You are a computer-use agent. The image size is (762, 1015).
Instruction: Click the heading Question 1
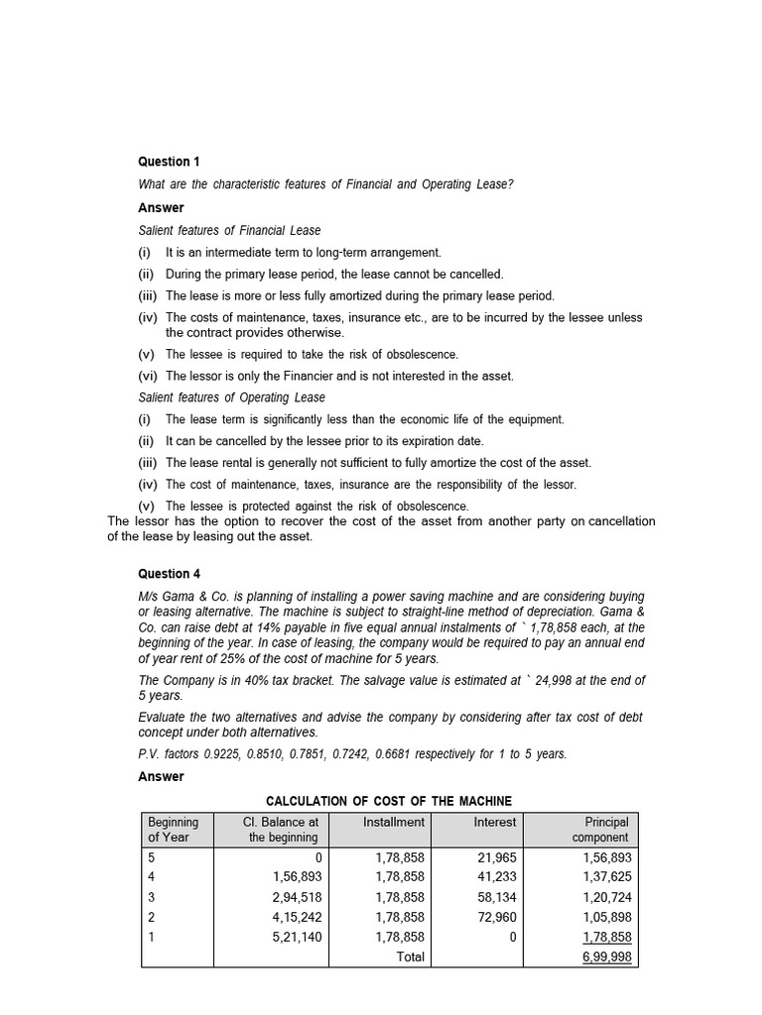pos(169,162)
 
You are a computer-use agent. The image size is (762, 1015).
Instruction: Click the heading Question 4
pos(169,574)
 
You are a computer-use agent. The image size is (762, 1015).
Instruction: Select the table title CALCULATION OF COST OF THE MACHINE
pos(389,801)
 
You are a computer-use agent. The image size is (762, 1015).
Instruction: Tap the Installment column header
pos(393,822)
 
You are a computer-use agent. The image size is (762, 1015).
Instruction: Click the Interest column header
pos(494,822)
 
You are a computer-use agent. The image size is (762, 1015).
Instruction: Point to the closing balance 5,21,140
pos(297,937)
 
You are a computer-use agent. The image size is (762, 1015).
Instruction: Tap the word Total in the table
pos(408,957)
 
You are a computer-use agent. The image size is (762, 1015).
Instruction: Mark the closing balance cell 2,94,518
pos(297,897)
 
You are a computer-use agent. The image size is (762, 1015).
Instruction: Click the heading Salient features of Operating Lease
pos(231,397)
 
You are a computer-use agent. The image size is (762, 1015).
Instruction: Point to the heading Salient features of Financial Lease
pos(229,230)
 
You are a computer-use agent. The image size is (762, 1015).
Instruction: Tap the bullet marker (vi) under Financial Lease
pos(149,376)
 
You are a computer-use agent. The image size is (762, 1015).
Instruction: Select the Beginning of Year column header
pos(174,830)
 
